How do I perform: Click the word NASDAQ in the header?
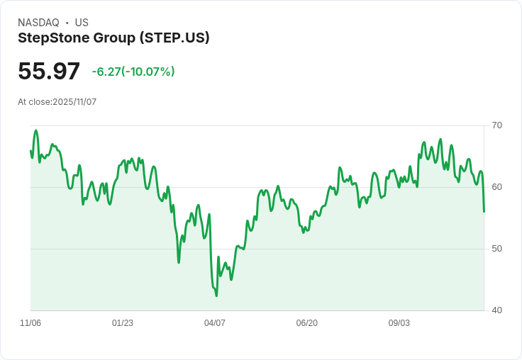[38, 23]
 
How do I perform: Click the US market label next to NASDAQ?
[82, 23]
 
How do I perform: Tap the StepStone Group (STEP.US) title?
[113, 38]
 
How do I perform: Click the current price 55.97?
[49, 72]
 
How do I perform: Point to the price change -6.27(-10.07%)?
[133, 72]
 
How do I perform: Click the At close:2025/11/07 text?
[57, 102]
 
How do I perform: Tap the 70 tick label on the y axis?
[496, 125]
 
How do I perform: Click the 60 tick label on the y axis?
[496, 187]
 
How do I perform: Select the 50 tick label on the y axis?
[496, 249]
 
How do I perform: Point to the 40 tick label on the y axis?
[496, 310]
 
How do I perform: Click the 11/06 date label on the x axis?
[30, 323]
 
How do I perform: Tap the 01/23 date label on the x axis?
[123, 323]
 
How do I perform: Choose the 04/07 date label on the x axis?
[215, 323]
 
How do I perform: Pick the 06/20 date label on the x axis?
[306, 323]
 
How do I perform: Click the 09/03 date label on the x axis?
[399, 323]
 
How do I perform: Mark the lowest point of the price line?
[216, 296]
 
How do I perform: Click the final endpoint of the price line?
[484, 211]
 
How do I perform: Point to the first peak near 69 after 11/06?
[35, 130]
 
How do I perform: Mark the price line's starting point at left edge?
[30, 150]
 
